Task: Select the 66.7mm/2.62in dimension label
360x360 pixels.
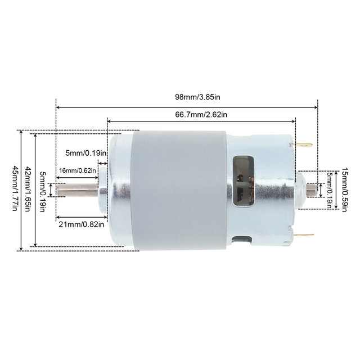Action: coord(201,115)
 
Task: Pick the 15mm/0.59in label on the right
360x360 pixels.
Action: coord(344,190)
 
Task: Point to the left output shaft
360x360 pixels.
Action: coord(76,190)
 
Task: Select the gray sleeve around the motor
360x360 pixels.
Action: coord(179,190)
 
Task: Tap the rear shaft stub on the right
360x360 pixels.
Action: coord(310,190)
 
